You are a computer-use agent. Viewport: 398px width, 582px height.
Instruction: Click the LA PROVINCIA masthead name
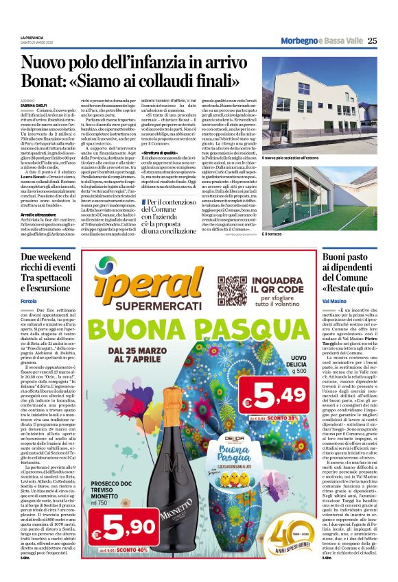[x=33, y=37]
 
